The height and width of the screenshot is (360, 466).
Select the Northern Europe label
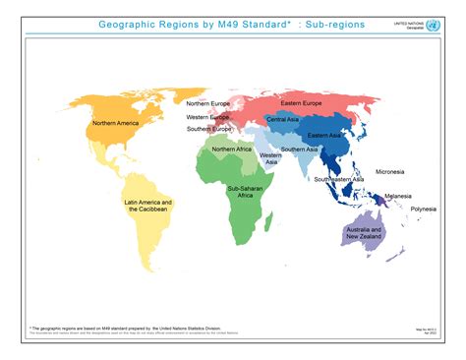[208, 103]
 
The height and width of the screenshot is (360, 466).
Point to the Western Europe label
[208, 117]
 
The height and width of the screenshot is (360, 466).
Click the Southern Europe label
[209, 129]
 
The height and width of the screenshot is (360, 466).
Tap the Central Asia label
[283, 119]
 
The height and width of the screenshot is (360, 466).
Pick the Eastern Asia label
[324, 135]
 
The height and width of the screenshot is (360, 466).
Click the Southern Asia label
[299, 150]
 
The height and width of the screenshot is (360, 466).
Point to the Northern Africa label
[231, 150]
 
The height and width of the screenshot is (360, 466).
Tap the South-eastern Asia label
[339, 179]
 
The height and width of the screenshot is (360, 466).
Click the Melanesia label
[398, 196]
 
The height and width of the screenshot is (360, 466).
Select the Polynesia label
[424, 209]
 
